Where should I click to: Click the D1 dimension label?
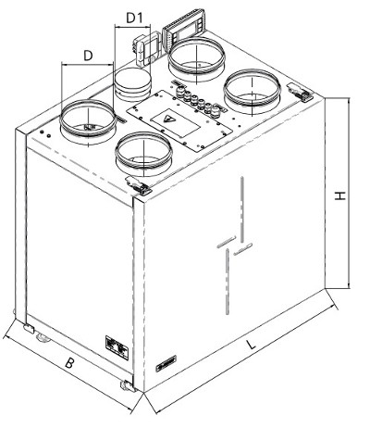pyautogui.click(x=134, y=18)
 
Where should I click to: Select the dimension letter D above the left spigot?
pyautogui.click(x=88, y=56)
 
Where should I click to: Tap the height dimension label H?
pyautogui.click(x=340, y=195)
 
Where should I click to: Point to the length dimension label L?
pyautogui.click(x=252, y=344)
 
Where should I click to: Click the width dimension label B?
pyautogui.click(x=69, y=362)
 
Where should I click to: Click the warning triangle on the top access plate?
pyautogui.click(x=168, y=119)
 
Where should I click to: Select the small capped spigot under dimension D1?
pyautogui.click(x=132, y=84)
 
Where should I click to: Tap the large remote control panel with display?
pyautogui.click(x=183, y=30)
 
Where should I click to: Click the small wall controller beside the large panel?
pyautogui.click(x=147, y=49)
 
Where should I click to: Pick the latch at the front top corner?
pyautogui.click(x=138, y=185)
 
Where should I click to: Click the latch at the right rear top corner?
pyautogui.click(x=300, y=92)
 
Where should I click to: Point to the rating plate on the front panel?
pyautogui.click(x=117, y=347)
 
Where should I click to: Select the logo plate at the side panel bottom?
pyautogui.click(x=166, y=363)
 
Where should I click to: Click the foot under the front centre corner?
pyautogui.click(x=128, y=386)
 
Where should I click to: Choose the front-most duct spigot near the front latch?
pyautogui.click(x=143, y=153)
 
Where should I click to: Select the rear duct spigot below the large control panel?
pyautogui.click(x=196, y=57)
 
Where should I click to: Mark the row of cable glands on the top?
pyautogui.click(x=197, y=101)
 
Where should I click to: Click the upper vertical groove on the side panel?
pyautogui.click(x=242, y=208)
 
